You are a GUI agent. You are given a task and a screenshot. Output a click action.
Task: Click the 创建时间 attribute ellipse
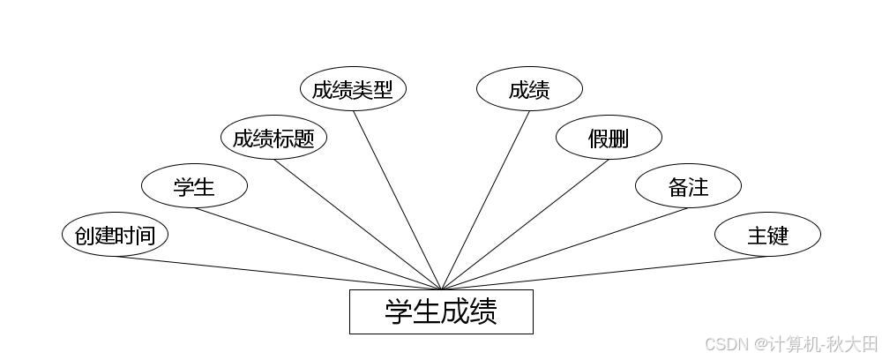click(x=115, y=236)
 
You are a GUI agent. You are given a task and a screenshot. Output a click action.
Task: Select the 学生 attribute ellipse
click(x=194, y=187)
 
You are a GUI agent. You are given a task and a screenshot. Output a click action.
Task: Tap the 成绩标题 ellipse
click(x=273, y=139)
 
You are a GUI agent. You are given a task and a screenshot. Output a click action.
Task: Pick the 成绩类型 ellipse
click(x=353, y=90)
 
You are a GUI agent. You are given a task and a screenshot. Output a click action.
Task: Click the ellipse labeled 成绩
click(x=529, y=90)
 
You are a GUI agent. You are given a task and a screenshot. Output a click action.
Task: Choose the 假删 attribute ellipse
click(x=609, y=139)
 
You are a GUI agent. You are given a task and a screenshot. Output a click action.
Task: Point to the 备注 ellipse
click(x=688, y=187)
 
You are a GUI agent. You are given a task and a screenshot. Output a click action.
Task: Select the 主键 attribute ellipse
click(x=767, y=236)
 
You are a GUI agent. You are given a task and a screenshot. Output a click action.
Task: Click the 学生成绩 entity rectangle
click(x=441, y=311)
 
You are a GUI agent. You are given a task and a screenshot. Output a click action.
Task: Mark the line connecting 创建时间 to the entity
click(x=278, y=273)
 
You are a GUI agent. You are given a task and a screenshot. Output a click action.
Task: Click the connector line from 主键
click(x=604, y=273)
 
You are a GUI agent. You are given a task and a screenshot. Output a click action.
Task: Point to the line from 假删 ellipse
click(x=525, y=224)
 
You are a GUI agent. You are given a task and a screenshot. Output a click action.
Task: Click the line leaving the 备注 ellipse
click(x=564, y=248)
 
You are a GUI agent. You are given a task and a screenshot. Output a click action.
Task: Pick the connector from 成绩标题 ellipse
click(x=357, y=224)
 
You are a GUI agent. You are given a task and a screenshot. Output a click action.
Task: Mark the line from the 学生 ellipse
click(x=318, y=248)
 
